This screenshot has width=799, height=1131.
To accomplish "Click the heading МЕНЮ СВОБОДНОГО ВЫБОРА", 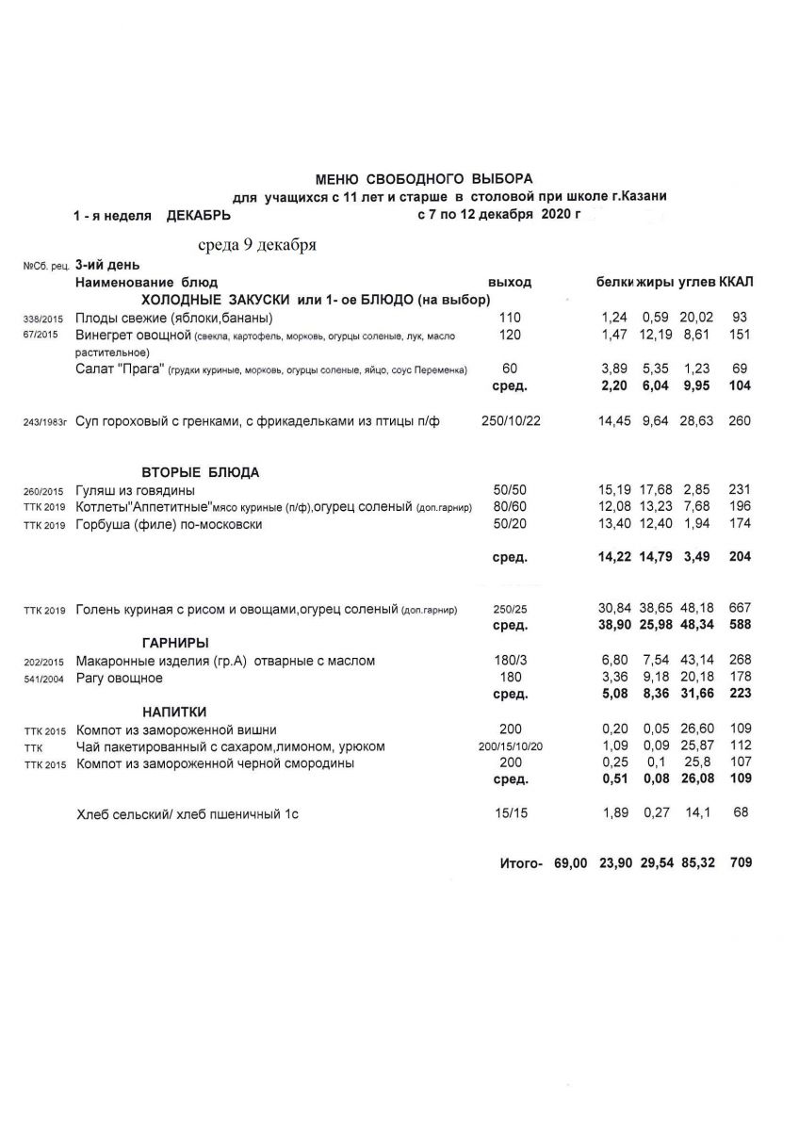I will pos(423,177).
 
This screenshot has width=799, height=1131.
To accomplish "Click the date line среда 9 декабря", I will pos(256,246).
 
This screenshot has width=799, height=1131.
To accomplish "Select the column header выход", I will pos(510,282).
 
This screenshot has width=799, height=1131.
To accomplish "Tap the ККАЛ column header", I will pos(736,282).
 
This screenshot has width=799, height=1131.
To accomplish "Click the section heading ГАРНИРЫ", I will pos(175,643).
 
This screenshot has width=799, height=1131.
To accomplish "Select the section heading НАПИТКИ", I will pos(174,712).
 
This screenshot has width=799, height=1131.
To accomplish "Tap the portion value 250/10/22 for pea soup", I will pos(511,421).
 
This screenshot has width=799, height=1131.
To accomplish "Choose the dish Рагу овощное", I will pos(119,679).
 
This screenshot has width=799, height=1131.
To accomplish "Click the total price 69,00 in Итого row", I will pos(571,862).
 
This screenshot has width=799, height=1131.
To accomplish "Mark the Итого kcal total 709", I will pos(740,862).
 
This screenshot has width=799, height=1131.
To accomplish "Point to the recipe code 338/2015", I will pos(42,319).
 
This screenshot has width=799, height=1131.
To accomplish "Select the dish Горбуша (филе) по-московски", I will pos(169,525).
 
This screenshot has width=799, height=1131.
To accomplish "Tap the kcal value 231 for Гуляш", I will pos(739,490).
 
